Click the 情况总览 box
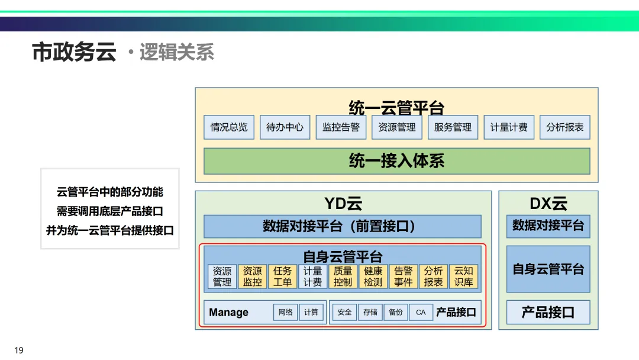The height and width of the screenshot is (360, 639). (x=229, y=127)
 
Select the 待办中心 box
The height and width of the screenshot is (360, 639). (x=285, y=127)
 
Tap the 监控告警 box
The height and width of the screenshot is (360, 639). (x=341, y=127)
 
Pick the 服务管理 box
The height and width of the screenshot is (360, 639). (x=453, y=127)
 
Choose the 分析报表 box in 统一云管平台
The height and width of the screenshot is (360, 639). (x=564, y=127)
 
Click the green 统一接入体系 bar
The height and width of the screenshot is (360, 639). (x=396, y=161)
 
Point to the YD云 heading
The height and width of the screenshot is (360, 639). (x=343, y=204)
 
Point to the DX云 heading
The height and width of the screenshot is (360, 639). (x=548, y=204)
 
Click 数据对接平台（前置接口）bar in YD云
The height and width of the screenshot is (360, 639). (x=342, y=226)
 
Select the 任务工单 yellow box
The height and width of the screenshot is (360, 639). (x=282, y=277)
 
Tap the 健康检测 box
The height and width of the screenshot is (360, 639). (x=373, y=277)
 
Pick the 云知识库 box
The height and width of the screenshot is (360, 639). (x=463, y=277)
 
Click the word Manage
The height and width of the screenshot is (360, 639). (x=229, y=313)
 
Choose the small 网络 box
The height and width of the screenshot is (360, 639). (x=285, y=312)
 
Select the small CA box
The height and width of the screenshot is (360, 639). (x=421, y=312)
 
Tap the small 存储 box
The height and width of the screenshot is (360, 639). (x=370, y=312)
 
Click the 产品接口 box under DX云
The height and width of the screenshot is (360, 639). (x=548, y=312)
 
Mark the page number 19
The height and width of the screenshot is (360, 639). (x=19, y=351)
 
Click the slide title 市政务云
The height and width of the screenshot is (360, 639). (x=74, y=52)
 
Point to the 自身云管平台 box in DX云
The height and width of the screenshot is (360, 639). (x=548, y=269)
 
